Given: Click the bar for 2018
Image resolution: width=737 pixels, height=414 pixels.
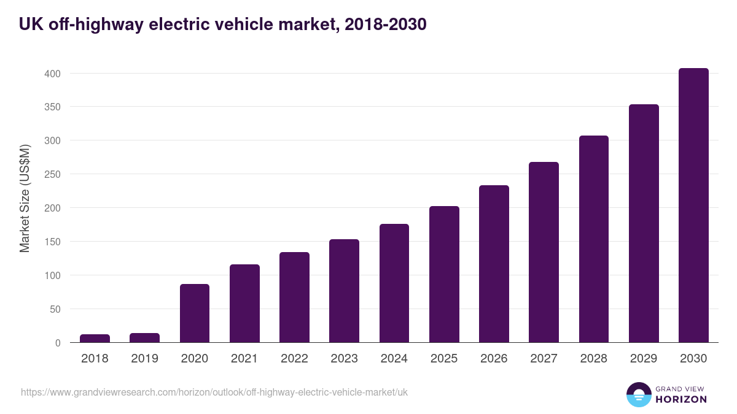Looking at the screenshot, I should click(95, 339).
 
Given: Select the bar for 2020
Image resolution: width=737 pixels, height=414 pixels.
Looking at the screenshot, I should click(195, 313).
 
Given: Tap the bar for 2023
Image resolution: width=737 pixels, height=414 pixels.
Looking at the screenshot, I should click(344, 291).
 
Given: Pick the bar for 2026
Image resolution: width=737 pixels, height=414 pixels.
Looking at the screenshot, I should click(494, 264).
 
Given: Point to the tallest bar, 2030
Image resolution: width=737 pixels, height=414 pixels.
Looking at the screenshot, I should click(693, 205).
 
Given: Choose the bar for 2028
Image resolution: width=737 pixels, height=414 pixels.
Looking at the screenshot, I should click(593, 239).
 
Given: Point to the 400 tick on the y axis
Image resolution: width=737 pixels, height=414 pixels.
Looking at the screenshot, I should click(52, 74).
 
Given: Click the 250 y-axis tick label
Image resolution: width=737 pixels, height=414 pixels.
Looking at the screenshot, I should click(52, 175).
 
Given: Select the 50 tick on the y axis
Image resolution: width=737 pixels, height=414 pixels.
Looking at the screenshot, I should click(55, 309).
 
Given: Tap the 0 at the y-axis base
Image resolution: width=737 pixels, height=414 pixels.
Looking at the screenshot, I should click(58, 343).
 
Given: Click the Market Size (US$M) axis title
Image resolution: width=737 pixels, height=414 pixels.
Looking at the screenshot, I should click(25, 197).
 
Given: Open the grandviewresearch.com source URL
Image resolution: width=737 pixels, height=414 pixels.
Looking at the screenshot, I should click(214, 392).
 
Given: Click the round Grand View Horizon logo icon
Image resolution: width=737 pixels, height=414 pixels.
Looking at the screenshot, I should click(638, 394).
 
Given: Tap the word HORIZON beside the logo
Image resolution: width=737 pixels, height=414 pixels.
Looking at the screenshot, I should click(681, 399).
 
